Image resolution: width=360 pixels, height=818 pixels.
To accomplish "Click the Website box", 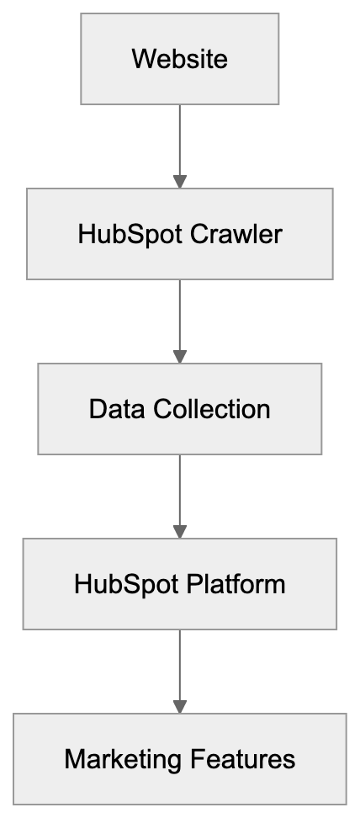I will click(x=179, y=60).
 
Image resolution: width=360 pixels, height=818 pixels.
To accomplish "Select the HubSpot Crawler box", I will click(x=179, y=234).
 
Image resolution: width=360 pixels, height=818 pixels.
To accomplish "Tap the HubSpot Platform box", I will click(x=179, y=584).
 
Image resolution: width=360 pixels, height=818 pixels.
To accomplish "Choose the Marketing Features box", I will click(x=179, y=759).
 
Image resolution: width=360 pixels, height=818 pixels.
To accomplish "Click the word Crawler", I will click(x=236, y=234).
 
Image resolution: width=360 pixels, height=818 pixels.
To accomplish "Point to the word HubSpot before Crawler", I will click(x=130, y=234).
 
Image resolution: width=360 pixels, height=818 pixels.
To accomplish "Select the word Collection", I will click(x=212, y=409).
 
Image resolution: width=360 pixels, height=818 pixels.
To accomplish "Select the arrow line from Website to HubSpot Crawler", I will click(x=179, y=139).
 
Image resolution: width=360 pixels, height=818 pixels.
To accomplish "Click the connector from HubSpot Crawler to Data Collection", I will click(x=179, y=313).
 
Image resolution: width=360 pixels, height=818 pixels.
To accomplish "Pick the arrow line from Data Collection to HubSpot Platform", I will click(x=179, y=488).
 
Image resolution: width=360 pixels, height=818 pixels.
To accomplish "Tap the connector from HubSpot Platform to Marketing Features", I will click(x=179, y=663).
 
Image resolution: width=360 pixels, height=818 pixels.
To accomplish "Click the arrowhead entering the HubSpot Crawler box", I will click(x=179, y=182).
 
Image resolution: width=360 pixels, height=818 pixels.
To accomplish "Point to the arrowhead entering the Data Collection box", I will click(x=179, y=357).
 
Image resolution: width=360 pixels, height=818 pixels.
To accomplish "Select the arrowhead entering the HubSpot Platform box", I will click(x=179, y=532).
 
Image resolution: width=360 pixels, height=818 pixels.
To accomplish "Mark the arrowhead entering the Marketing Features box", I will click(x=179, y=707).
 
